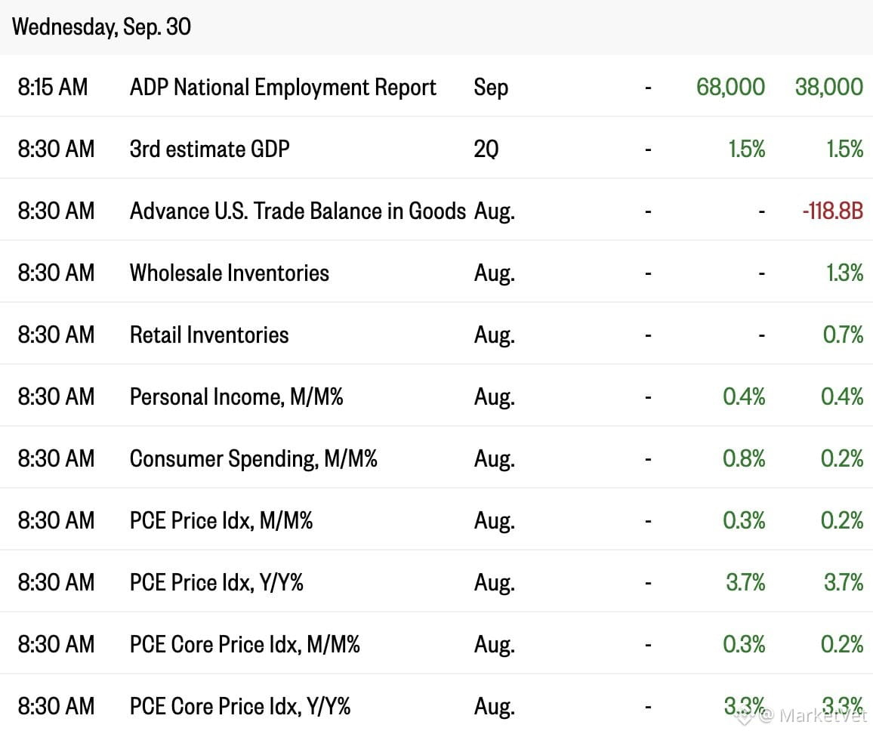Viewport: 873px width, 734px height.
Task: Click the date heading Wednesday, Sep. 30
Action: click(101, 26)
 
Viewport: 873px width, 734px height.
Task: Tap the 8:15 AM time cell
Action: click(53, 87)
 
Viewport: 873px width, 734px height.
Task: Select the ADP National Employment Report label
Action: click(283, 88)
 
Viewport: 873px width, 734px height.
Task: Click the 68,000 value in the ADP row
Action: click(730, 87)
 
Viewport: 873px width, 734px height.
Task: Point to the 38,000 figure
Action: click(829, 87)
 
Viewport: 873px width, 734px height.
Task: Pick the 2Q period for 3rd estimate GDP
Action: click(486, 150)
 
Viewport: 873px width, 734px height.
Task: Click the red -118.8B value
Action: click(833, 211)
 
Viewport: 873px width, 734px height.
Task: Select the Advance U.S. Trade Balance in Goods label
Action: click(298, 211)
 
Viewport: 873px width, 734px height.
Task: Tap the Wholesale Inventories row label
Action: click(230, 273)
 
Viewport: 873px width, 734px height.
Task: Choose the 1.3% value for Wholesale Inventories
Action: click(844, 273)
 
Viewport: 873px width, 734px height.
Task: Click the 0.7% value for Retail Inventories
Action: click(843, 335)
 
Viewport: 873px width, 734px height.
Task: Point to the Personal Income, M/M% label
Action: click(236, 397)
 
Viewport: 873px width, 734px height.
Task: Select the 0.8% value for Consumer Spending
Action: click(744, 459)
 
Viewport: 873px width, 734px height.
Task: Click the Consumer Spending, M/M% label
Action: click(253, 459)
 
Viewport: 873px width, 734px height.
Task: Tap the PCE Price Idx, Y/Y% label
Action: click(217, 582)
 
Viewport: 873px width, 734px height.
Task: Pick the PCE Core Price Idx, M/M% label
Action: click(245, 644)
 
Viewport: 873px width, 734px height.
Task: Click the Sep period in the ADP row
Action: click(491, 88)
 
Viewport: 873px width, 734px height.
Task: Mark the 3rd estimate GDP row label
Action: click(210, 150)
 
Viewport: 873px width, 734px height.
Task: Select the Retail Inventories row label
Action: click(209, 335)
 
